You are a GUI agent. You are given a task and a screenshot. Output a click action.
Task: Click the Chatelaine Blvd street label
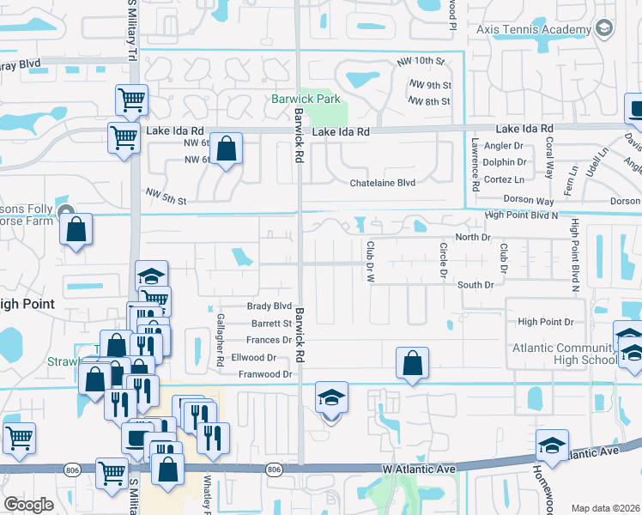[x=382, y=183]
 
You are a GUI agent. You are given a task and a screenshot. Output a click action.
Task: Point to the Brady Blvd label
[x=270, y=306]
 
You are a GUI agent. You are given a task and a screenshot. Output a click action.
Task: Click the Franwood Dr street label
[x=265, y=374]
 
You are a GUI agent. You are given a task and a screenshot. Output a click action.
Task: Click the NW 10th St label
[x=421, y=62]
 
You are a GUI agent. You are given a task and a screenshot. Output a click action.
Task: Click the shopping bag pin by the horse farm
[x=76, y=229]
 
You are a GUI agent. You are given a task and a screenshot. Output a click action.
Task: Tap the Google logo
[x=27, y=505]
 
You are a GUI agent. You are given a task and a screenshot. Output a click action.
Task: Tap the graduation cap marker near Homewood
[x=552, y=445]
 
